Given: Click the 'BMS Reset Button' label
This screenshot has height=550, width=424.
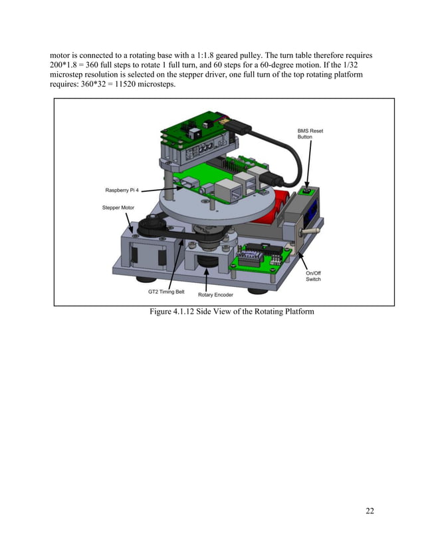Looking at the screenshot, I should (x=310, y=134).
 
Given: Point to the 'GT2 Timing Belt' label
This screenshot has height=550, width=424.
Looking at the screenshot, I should (x=165, y=291).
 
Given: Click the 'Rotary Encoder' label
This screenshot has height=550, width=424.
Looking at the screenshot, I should (x=215, y=294).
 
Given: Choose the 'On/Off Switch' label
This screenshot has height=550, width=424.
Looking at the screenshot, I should (x=313, y=276).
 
